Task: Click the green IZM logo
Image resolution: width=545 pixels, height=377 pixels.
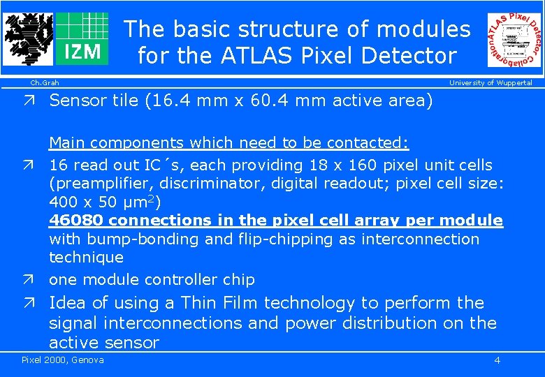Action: (x=82, y=38)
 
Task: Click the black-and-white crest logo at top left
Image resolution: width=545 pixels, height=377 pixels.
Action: (x=29, y=39)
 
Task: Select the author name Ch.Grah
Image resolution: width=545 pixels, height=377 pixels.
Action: (x=44, y=83)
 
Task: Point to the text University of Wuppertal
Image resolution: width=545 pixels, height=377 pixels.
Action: (x=490, y=83)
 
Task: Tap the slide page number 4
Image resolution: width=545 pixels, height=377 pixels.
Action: (x=497, y=360)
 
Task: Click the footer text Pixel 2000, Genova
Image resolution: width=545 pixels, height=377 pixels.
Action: (x=63, y=360)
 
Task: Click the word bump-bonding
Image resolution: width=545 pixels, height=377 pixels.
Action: (x=132, y=239)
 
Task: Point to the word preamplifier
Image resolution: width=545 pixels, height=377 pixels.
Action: (x=95, y=184)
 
